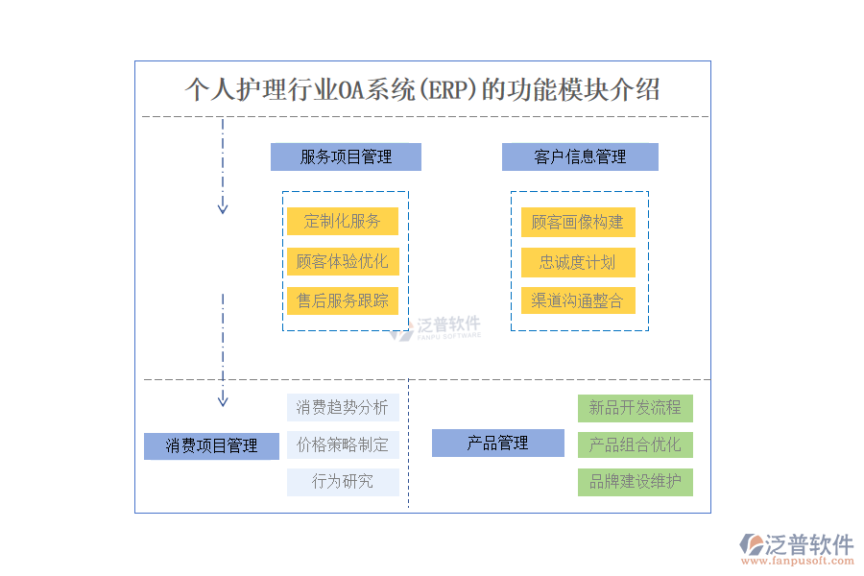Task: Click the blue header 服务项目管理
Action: pyautogui.click(x=346, y=156)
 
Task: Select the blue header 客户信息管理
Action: pyautogui.click(x=580, y=156)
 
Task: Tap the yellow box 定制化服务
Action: pyautogui.click(x=342, y=221)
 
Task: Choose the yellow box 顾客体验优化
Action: pyautogui.click(x=342, y=261)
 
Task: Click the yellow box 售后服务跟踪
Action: pyautogui.click(x=342, y=300)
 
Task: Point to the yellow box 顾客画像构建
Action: pyautogui.click(x=577, y=222)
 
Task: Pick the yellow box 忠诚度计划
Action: pyautogui.click(x=577, y=262)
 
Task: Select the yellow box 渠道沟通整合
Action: pyautogui.click(x=577, y=300)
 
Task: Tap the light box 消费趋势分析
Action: pyautogui.click(x=343, y=407)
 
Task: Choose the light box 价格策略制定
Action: pyautogui.click(x=343, y=444)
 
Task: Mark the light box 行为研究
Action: pyautogui.click(x=343, y=482)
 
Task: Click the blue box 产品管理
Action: pyautogui.click(x=497, y=443)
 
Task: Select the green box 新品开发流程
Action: pyautogui.click(x=635, y=408)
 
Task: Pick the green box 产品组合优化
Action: pyautogui.click(x=635, y=444)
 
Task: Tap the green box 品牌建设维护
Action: pyautogui.click(x=635, y=482)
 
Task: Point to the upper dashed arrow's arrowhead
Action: pyautogui.click(x=223, y=206)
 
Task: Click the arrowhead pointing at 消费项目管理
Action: pyautogui.click(x=223, y=398)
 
